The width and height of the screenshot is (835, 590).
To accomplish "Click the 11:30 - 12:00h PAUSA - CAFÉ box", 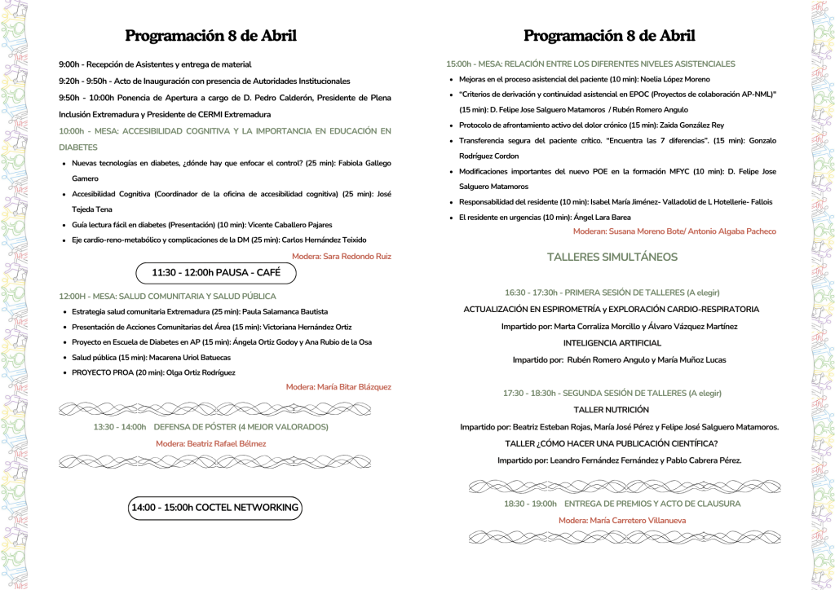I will [x=216, y=273].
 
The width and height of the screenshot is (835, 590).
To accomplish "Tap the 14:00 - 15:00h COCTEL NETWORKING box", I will [x=215, y=508].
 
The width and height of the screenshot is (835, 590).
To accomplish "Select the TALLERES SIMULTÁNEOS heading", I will [x=612, y=257].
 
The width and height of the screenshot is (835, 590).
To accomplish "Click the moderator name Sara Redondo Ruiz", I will [x=353, y=256].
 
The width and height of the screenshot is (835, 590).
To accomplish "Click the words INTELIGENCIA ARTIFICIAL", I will [x=612, y=343].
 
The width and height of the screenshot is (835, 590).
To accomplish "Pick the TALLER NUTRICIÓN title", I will [x=612, y=409].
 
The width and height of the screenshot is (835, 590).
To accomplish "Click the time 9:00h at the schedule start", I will [x=68, y=64].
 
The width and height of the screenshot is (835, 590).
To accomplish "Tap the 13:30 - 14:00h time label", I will [x=120, y=427].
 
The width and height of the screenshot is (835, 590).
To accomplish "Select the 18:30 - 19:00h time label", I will [x=530, y=504].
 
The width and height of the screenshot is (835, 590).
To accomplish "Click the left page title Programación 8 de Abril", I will [x=210, y=36].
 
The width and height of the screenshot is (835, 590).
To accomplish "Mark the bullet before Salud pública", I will [x=64, y=358].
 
